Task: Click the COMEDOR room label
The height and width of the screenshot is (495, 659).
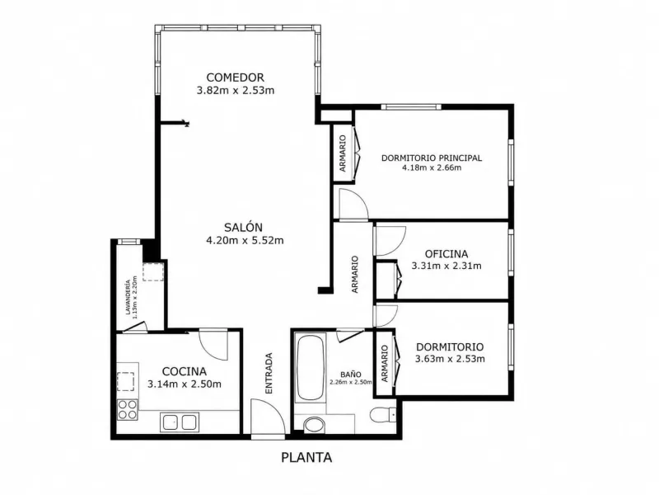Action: (x=236, y=78)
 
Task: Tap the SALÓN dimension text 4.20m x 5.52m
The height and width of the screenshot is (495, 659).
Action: (x=245, y=240)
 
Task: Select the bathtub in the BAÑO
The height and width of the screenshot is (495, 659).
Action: (x=311, y=368)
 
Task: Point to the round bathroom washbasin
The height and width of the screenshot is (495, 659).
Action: (x=314, y=424)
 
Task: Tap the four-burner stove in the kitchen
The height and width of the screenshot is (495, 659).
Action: (x=128, y=409)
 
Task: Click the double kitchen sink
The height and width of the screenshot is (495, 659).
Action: (x=180, y=422)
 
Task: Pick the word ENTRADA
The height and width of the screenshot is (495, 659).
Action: (x=269, y=374)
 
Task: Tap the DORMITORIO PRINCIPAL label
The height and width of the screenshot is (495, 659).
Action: (x=432, y=158)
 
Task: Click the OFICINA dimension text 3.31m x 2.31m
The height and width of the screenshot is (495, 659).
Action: (x=446, y=266)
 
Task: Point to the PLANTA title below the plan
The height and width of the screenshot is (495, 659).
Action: (x=306, y=458)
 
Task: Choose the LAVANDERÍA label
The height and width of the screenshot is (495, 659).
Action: (x=128, y=298)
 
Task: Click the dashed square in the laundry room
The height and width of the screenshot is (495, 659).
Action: (x=153, y=271)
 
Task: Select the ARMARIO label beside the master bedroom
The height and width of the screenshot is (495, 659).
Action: (x=343, y=153)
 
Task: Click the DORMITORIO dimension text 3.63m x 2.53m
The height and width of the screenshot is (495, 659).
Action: (x=450, y=359)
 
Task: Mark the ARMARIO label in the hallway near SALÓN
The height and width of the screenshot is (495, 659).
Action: (x=355, y=275)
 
